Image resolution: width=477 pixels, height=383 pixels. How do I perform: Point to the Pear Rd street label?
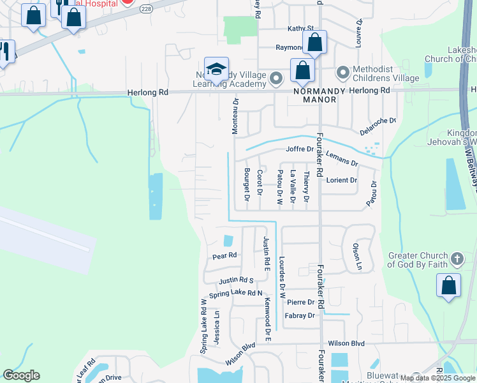pyautogui.click(x=224, y=255)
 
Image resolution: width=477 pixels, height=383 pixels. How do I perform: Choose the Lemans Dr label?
pyautogui.click(x=342, y=160)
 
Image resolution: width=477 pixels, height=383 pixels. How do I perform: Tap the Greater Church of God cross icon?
pyautogui.click(x=456, y=259)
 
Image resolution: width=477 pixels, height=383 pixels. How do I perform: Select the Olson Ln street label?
pyautogui.click(x=358, y=255)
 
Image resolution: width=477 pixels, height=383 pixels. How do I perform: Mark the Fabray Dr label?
pyautogui.click(x=300, y=315)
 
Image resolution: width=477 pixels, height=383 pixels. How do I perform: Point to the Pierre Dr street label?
pyautogui.click(x=300, y=302)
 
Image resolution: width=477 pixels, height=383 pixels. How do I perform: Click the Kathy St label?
pyautogui.click(x=301, y=29)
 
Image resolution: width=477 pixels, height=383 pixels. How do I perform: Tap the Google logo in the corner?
pyautogui.click(x=21, y=375)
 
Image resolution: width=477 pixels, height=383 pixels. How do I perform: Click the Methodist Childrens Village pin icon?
pyautogui.click(x=342, y=72)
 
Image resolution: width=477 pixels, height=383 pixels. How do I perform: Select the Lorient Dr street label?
pyautogui.click(x=342, y=181)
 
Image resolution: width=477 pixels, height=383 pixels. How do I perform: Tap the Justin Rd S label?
pyautogui.click(x=236, y=280)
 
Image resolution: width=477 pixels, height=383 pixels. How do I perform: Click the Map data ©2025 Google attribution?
pyautogui.click(x=438, y=378)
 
